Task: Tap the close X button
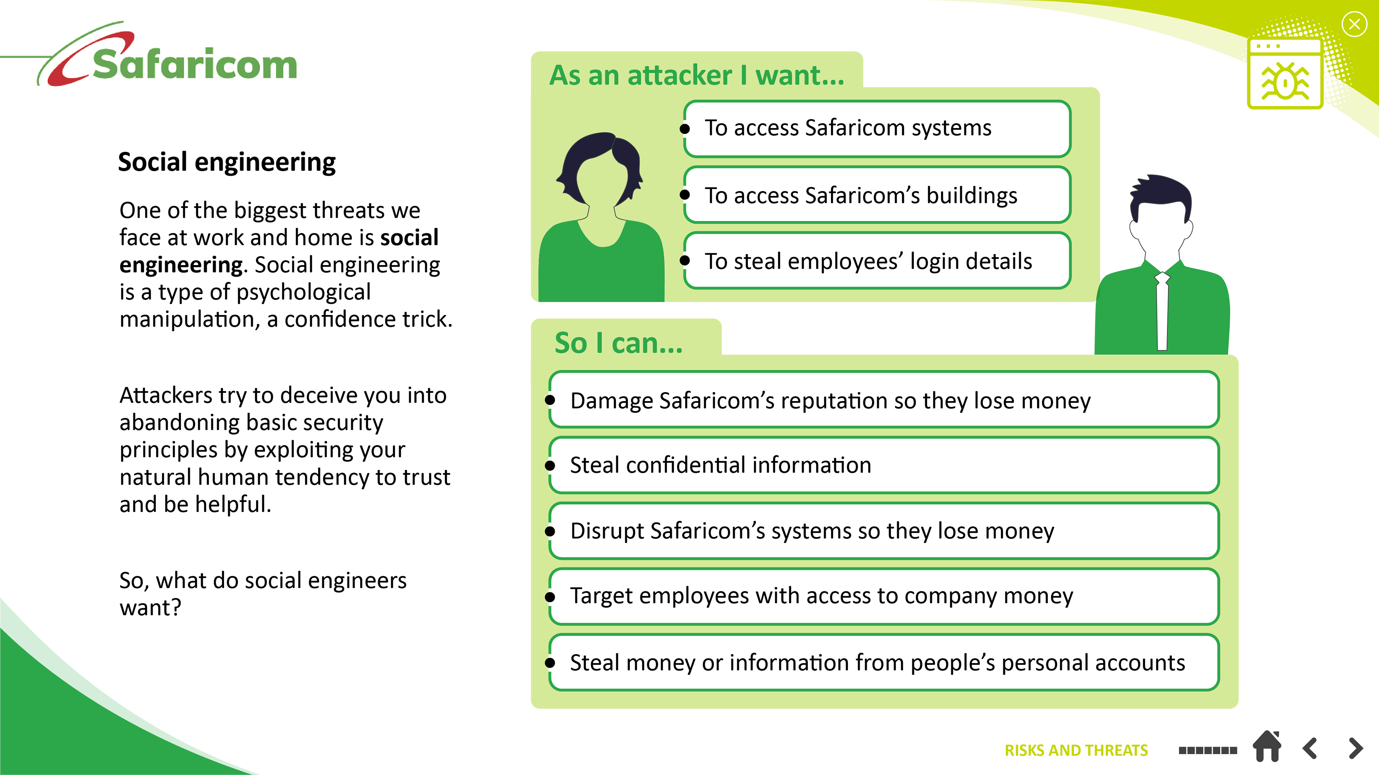coord(1354,25)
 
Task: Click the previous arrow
coord(1310,748)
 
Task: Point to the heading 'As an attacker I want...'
coord(696,75)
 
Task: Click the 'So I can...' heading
coord(618,343)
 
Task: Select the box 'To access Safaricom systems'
coord(877,129)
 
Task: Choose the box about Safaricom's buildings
coord(877,195)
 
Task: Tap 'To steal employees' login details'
coord(877,261)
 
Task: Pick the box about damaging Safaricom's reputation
coord(883,400)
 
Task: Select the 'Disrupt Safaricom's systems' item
coord(883,531)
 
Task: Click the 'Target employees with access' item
coord(883,596)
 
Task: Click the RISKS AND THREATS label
coord(1076,750)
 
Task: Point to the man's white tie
coord(1162,310)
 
